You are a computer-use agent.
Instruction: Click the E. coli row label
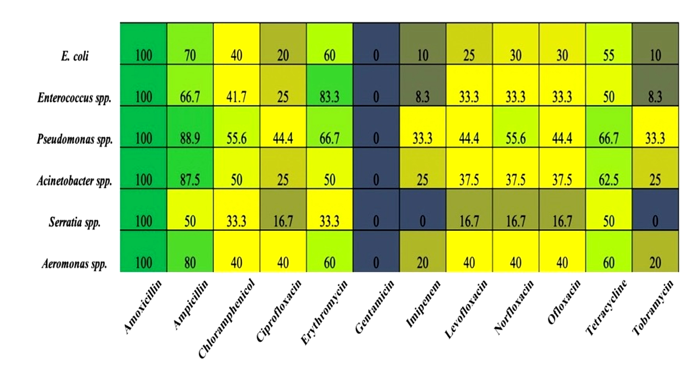(x=75, y=56)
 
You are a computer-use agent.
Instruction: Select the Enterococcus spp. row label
(x=74, y=98)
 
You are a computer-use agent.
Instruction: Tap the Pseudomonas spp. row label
(x=75, y=139)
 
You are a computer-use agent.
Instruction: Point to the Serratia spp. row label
(x=75, y=222)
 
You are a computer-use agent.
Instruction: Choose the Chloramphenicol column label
(x=227, y=319)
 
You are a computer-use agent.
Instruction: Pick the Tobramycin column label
(x=653, y=308)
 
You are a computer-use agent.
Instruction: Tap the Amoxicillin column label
(x=142, y=307)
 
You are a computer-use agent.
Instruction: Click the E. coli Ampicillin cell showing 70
(x=190, y=44)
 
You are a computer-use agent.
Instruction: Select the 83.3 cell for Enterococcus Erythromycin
(x=329, y=85)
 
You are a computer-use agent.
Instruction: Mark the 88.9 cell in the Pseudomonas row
(x=190, y=127)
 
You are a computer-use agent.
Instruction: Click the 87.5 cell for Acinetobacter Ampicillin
(x=190, y=168)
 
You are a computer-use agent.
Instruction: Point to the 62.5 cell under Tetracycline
(x=609, y=168)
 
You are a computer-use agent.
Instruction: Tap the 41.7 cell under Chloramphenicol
(x=237, y=85)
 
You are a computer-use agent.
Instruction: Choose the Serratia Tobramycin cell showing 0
(x=655, y=210)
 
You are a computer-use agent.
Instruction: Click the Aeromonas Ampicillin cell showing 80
(x=190, y=251)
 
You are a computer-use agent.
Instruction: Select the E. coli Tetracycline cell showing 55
(x=609, y=44)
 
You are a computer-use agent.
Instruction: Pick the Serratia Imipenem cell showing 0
(x=422, y=210)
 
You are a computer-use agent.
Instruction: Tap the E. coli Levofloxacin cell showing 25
(x=469, y=44)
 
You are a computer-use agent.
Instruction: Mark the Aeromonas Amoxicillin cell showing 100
(x=143, y=251)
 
